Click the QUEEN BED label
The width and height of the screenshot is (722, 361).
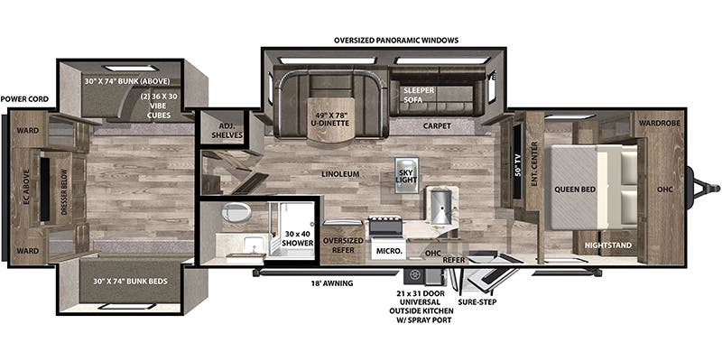[572, 190]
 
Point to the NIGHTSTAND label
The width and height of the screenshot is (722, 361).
[607, 245]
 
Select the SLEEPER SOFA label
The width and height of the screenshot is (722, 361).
[419, 97]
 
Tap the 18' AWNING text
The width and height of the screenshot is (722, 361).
[329, 283]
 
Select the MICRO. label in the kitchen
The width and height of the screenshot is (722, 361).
[389, 249]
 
